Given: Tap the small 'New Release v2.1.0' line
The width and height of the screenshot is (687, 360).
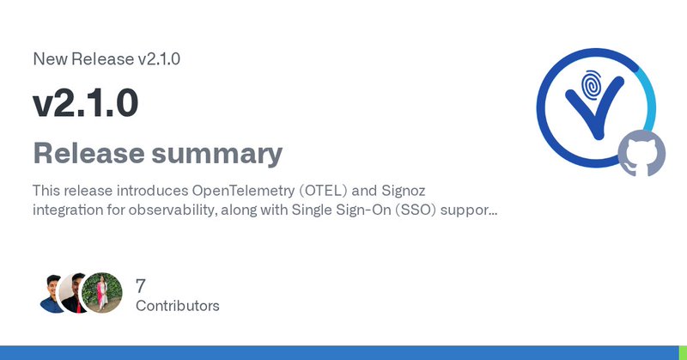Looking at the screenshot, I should [106, 59].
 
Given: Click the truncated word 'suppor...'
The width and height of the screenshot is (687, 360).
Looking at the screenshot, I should [470, 208].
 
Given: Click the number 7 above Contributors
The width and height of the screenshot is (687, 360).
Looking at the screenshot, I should [142, 286].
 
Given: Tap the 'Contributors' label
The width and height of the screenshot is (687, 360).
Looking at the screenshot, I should [177, 306].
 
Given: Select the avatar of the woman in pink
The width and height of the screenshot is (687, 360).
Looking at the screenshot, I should [103, 293].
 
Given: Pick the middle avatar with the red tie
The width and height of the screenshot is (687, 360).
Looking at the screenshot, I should [78, 293].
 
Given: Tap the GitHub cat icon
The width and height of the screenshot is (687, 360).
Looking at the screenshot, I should [641, 152].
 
